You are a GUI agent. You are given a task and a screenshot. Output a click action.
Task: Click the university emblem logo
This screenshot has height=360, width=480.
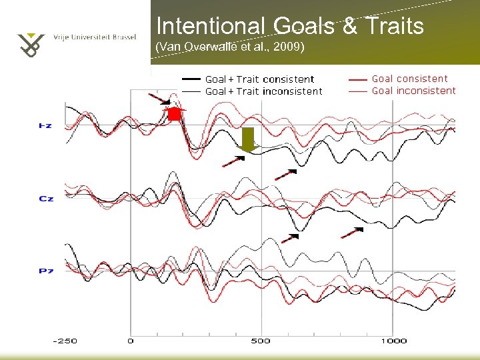tap(31, 45)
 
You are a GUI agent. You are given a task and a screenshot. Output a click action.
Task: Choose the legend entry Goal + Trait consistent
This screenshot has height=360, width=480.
tap(259, 79)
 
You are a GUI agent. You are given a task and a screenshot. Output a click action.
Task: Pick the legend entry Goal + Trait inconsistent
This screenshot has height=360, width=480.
tap(263, 91)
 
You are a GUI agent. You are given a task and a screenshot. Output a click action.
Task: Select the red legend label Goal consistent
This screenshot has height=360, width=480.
tap(409, 79)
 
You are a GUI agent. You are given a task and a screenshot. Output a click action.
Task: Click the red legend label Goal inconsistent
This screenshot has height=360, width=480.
tap(413, 91)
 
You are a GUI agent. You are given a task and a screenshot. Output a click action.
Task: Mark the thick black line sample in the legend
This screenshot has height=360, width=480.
tap(191, 79)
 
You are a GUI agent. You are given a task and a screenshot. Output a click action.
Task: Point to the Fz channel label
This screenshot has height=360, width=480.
tap(46, 125)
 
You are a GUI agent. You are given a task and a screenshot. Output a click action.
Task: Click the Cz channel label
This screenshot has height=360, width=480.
tap(46, 199)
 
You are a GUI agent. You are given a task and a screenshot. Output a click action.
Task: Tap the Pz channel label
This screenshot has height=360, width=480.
tap(46, 271)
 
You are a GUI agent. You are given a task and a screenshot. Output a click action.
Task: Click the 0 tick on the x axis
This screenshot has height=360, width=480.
tap(131, 341)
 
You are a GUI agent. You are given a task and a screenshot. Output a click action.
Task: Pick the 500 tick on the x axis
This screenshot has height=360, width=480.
tap(261, 341)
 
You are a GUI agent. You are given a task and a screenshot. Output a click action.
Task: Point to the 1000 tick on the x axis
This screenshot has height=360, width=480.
tap(394, 341)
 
